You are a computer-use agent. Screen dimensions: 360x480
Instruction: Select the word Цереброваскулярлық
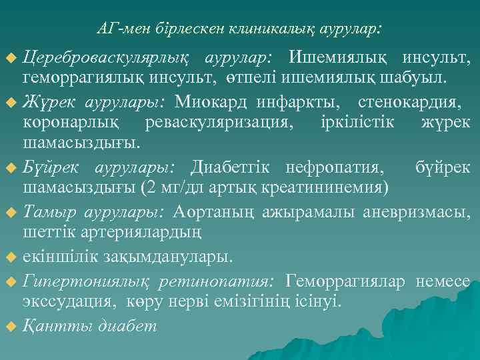pos(106,59)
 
